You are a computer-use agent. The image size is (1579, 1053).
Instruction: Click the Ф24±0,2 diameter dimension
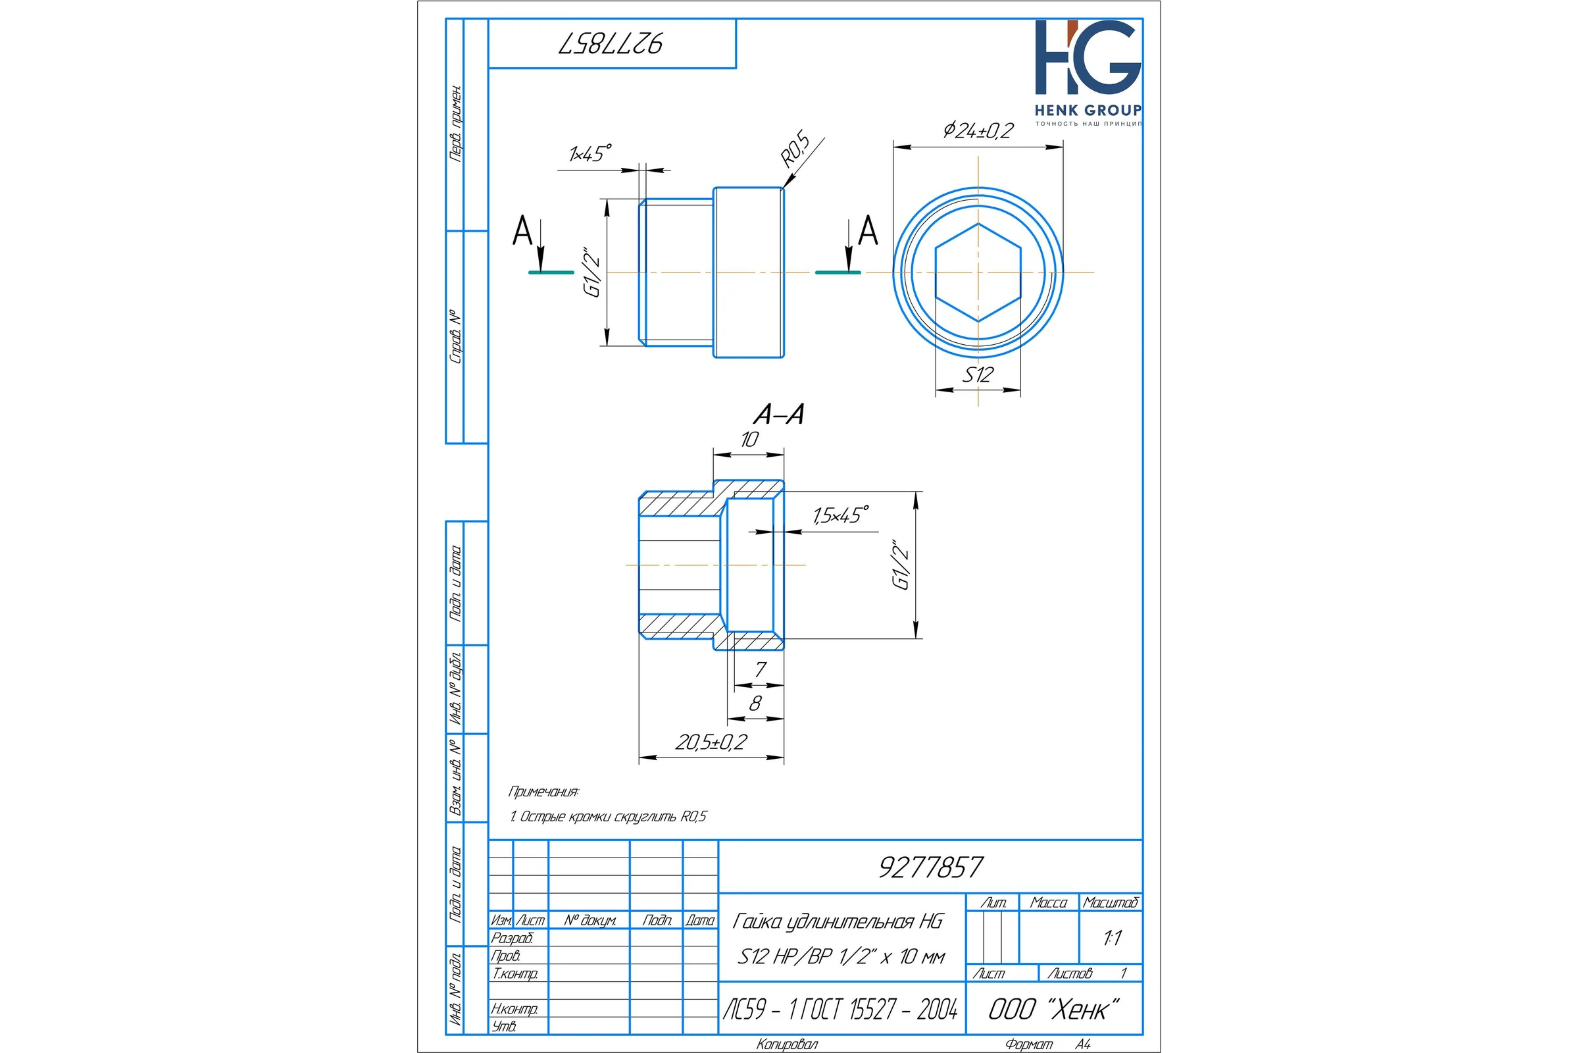[x=978, y=130]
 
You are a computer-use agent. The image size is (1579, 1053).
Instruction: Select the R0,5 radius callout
[x=795, y=150]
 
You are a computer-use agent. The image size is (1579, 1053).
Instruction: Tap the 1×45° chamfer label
[x=590, y=153]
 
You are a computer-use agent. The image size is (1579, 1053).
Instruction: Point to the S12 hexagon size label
[x=978, y=374]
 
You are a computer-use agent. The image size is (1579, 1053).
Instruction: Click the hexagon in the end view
[x=978, y=272]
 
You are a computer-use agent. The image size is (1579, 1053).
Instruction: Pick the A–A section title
[x=779, y=414]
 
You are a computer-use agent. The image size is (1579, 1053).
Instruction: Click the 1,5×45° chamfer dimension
[x=841, y=515]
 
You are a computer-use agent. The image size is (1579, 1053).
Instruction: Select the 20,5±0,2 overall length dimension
[x=711, y=742]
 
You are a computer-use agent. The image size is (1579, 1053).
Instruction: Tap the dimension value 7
[x=760, y=669]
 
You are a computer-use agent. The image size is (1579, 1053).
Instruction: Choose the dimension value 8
[x=755, y=703]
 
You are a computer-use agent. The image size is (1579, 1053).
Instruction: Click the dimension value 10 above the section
[x=749, y=439]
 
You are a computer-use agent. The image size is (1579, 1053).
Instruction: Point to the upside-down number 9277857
[x=611, y=43]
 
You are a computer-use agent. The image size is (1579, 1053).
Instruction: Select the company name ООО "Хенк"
[x=1053, y=1009]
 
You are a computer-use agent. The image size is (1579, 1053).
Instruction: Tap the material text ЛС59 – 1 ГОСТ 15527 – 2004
[x=840, y=1009]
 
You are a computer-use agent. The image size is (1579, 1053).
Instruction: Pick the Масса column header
[x=1049, y=902]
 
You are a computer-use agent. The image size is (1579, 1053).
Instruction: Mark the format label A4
[x=1083, y=1044]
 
